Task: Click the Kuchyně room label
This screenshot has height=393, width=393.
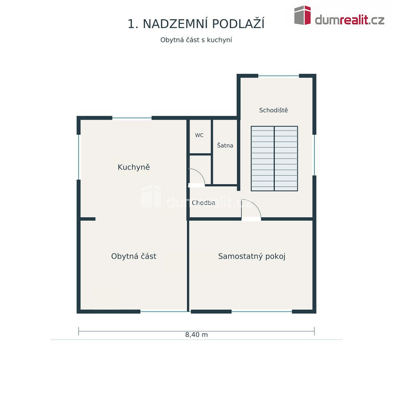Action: (x=134, y=167)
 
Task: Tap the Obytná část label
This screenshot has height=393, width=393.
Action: (x=134, y=256)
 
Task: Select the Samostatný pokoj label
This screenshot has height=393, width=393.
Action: (x=252, y=256)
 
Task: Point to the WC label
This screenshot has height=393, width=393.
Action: (x=199, y=135)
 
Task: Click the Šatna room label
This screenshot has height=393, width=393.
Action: (x=225, y=145)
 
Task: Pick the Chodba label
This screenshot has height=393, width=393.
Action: (x=203, y=203)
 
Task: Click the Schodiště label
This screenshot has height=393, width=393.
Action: (x=274, y=110)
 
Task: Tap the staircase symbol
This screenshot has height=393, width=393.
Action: (x=274, y=159)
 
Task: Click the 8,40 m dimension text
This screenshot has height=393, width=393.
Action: (x=196, y=334)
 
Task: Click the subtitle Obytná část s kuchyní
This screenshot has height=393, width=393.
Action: (x=196, y=40)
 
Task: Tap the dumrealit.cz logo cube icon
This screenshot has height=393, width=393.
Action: (x=303, y=15)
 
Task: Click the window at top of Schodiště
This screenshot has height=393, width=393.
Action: (x=279, y=76)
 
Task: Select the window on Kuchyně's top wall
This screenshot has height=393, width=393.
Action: (x=132, y=118)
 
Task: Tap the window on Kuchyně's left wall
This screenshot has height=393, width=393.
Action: (x=79, y=157)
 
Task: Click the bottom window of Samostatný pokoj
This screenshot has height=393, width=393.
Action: (x=262, y=312)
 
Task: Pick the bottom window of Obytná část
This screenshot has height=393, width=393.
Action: (x=164, y=312)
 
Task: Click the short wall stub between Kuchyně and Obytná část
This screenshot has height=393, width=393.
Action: (x=88, y=219)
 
